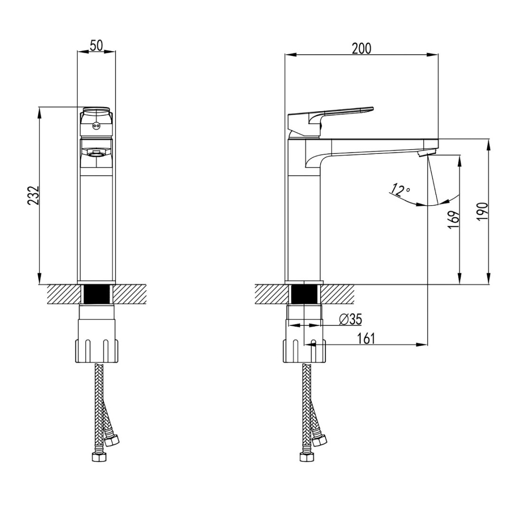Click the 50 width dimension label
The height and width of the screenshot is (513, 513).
click(96, 46)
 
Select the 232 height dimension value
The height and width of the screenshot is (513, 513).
click(32, 195)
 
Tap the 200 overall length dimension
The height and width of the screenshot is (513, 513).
click(361, 48)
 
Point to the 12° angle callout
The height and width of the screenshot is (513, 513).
click(400, 190)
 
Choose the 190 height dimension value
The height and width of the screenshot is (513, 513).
click(482, 212)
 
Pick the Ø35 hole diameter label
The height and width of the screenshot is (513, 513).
click(351, 320)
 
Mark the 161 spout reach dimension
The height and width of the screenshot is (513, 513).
click(366, 338)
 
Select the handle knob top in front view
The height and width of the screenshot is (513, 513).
click(96, 112)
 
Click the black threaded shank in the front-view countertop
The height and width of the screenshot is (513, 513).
click(96, 295)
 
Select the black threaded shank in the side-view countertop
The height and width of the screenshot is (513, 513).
click(305, 295)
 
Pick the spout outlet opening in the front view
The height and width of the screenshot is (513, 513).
click(96, 153)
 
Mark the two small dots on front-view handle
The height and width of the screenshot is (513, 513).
click(96, 126)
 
